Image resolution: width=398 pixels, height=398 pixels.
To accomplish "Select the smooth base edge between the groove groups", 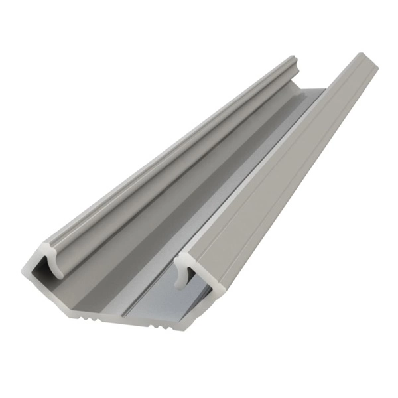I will click(x=123, y=323).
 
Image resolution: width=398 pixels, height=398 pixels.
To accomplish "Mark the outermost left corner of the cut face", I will click(x=23, y=273).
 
